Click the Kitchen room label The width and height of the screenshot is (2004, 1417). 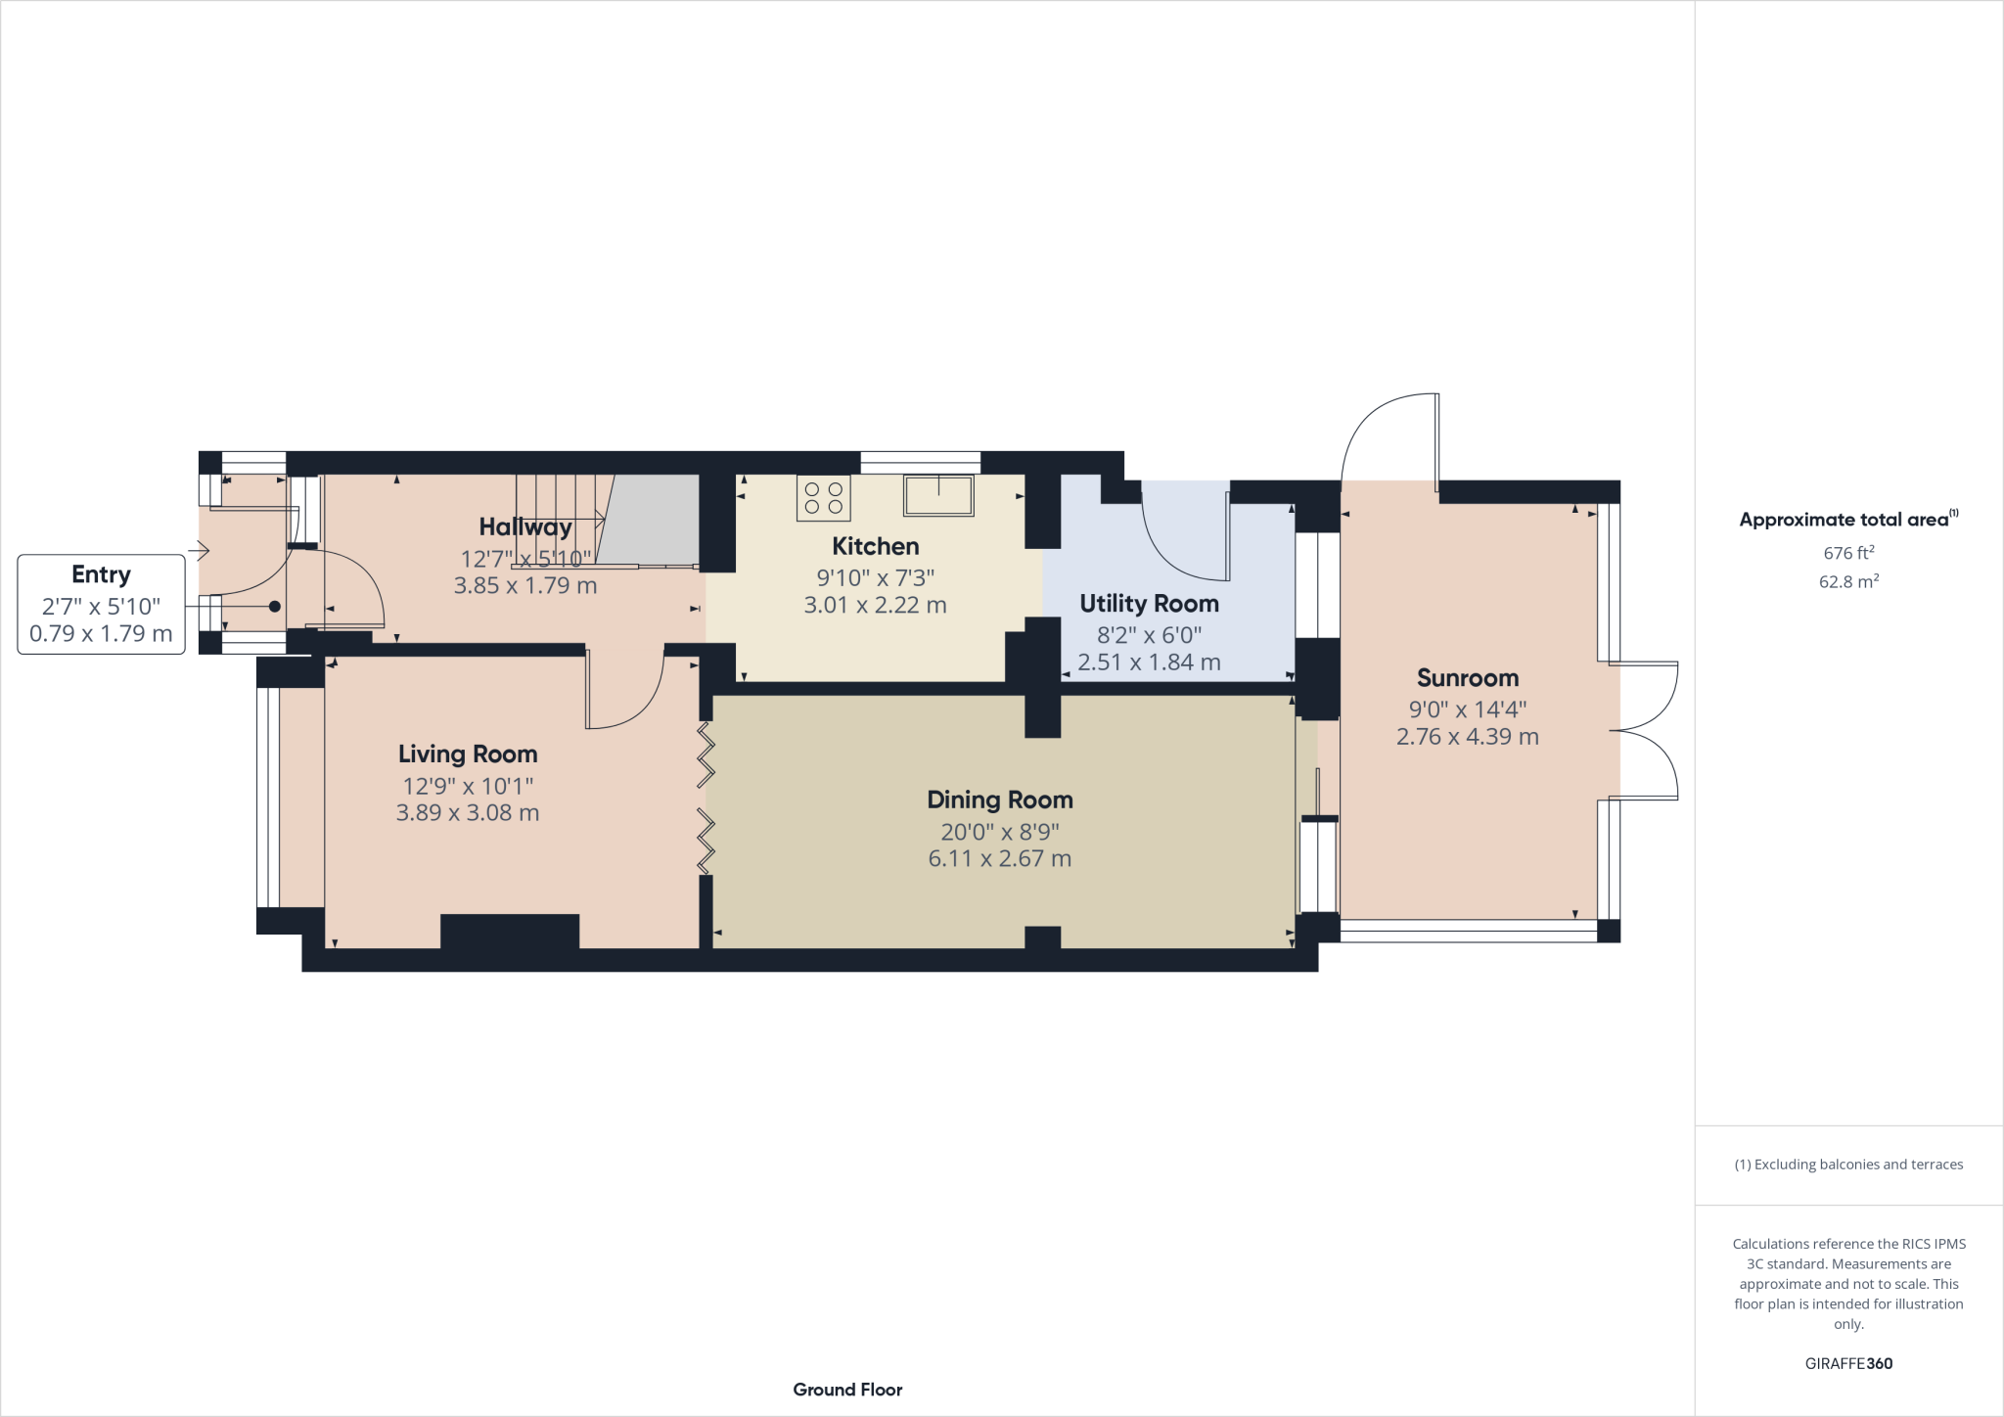tap(875, 546)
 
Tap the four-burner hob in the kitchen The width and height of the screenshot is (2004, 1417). tap(823, 497)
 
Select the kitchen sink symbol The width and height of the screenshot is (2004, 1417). tap(938, 495)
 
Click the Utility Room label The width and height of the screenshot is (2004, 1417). tap(1149, 604)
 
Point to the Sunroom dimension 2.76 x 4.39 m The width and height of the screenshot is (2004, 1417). tap(1467, 737)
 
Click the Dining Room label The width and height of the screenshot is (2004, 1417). tap(999, 800)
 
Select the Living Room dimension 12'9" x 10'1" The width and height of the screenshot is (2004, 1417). tap(468, 786)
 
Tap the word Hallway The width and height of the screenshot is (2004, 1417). tap(525, 527)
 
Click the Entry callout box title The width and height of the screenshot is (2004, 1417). tap(101, 574)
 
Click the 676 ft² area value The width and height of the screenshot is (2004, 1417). tap(1848, 553)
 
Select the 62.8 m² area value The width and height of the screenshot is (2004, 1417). tap(1848, 581)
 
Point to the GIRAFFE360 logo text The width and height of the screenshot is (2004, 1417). tap(1848, 1363)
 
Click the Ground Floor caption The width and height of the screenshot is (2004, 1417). tap(847, 1390)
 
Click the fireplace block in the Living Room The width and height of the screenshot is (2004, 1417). tap(510, 931)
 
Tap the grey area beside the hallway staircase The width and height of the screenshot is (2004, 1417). tap(651, 519)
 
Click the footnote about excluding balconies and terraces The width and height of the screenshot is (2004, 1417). tap(1848, 1165)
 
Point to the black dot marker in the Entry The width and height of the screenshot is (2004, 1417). tap(275, 607)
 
